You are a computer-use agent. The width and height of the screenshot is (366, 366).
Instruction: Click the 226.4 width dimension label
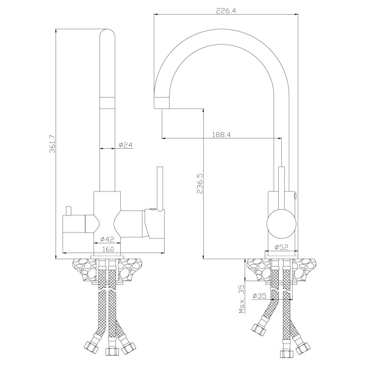point(226,10)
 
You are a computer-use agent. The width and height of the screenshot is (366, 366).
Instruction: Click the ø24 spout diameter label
point(126,145)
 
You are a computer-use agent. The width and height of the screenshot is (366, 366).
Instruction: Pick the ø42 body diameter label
point(108,239)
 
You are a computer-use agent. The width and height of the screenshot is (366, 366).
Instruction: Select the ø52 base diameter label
point(282,247)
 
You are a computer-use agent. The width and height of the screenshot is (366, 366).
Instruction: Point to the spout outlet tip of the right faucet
point(161,102)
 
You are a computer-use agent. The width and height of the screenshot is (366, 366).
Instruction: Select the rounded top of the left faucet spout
point(107,35)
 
